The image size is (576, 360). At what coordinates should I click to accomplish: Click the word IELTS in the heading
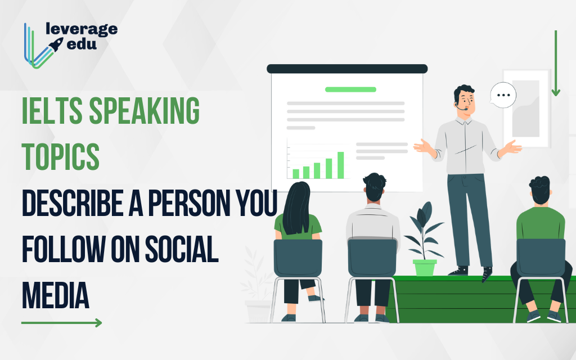point(52,110)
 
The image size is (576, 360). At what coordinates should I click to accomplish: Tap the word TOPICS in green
point(61,156)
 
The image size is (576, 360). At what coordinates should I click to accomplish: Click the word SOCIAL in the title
point(182,249)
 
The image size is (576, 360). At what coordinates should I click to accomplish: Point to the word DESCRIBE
point(73,202)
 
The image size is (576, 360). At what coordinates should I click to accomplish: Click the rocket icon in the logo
point(56,44)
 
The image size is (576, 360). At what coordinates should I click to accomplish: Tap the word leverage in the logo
point(82,29)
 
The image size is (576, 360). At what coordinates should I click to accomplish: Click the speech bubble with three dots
point(503,95)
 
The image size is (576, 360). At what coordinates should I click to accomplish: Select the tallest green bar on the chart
point(340,165)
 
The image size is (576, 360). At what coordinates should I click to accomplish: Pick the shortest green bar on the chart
point(296,174)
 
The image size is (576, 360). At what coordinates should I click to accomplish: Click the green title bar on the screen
point(351,89)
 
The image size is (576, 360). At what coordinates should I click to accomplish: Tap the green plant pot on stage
point(425,267)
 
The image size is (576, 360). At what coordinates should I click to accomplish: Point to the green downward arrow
point(556,63)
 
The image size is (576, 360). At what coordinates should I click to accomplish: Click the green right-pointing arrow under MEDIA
point(62,323)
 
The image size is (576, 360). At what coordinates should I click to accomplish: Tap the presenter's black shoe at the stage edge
point(487,274)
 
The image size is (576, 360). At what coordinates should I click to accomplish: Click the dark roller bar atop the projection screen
point(347,69)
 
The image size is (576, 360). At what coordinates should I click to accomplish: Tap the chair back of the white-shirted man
point(372,258)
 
